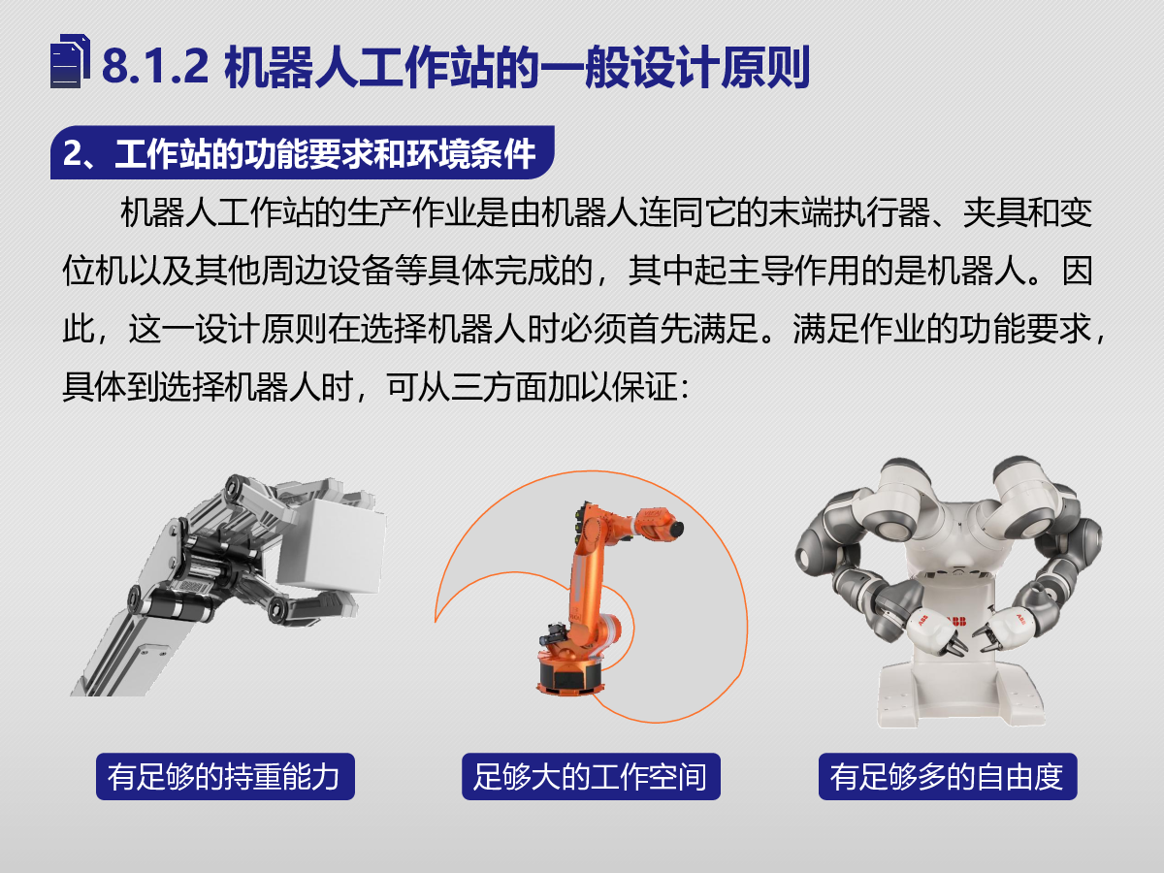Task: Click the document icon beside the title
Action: tap(70, 61)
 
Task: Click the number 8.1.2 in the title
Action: tap(155, 66)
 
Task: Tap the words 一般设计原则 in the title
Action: tap(674, 67)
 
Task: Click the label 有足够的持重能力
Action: tap(224, 777)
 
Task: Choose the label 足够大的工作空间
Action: tap(591, 777)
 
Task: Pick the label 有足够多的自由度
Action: tap(948, 777)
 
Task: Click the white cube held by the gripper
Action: tap(333, 545)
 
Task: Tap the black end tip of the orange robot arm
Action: tap(676, 529)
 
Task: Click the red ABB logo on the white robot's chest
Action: tap(955, 621)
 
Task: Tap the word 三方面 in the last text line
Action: tap(482, 387)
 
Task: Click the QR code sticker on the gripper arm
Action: tap(192, 587)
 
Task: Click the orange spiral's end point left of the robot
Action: tap(436, 621)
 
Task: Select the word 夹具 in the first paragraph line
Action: tap(995, 212)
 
